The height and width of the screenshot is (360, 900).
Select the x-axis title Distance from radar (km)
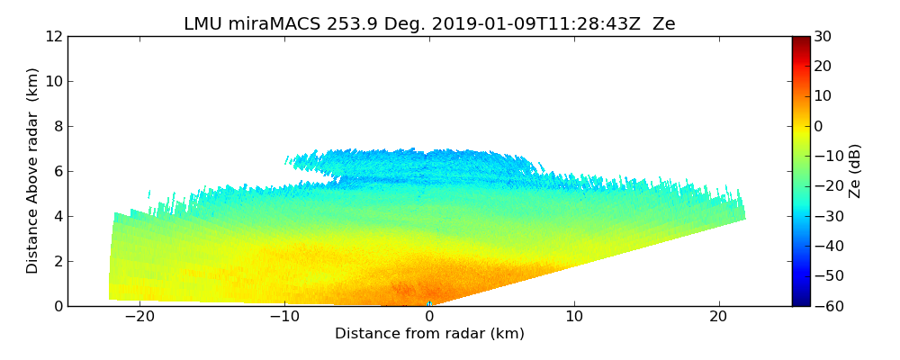(429, 334)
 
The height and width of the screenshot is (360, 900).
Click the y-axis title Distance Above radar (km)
(33, 170)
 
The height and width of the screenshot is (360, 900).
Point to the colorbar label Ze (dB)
(855, 170)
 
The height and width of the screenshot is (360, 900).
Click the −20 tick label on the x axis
(139, 317)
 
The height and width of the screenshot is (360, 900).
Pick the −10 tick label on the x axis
(284, 317)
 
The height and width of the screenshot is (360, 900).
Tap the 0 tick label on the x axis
(429, 317)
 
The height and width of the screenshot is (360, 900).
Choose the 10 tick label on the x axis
(574, 317)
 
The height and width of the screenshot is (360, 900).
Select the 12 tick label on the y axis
(54, 37)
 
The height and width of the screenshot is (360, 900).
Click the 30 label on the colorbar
(823, 37)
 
